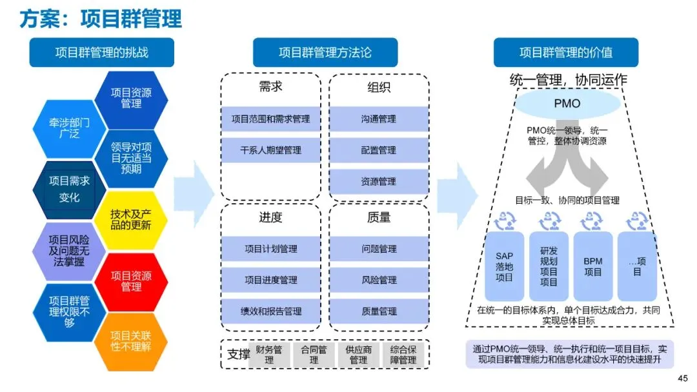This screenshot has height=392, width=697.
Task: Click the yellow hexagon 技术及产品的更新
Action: (x=131, y=220)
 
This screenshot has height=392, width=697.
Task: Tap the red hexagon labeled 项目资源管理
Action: (x=131, y=281)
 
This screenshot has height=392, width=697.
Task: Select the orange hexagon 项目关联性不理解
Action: (x=131, y=342)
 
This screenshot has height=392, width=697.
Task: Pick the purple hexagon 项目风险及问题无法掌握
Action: (x=69, y=251)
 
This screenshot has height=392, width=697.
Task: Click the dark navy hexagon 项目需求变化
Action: (x=69, y=190)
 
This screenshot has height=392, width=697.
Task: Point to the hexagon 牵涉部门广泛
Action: (x=69, y=129)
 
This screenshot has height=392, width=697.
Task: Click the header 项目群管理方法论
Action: (x=325, y=52)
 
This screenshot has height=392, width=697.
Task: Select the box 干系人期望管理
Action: (x=270, y=150)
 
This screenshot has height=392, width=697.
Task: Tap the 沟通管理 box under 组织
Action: (x=379, y=119)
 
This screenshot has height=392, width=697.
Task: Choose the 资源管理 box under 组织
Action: (x=379, y=182)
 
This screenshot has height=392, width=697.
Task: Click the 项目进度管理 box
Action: (x=270, y=280)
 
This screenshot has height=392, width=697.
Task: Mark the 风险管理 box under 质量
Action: (x=379, y=280)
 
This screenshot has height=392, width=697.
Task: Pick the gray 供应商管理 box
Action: (x=358, y=355)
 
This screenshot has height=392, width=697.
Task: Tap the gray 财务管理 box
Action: (x=269, y=355)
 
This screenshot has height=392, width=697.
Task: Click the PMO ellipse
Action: (x=567, y=103)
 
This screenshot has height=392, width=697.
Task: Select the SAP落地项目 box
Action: (x=504, y=266)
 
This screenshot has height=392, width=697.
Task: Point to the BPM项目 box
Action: (x=593, y=266)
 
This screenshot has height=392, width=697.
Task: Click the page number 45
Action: (x=683, y=378)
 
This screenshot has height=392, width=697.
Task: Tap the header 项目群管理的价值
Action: (x=566, y=52)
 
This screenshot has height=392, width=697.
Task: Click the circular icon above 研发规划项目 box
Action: (x=549, y=220)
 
